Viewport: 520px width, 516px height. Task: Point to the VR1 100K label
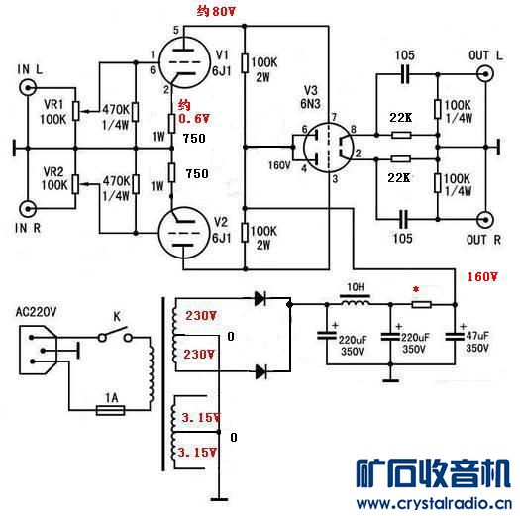coord(54,111)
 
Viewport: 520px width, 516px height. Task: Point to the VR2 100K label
coord(54,178)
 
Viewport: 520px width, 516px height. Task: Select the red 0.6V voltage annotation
coord(188,118)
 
